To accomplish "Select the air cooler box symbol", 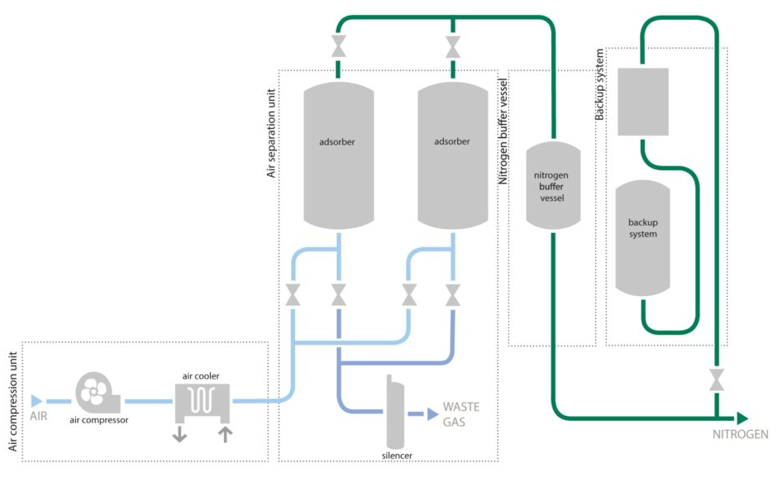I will [203, 403].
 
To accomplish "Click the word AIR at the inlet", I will [39, 418].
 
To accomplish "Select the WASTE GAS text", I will [461, 414].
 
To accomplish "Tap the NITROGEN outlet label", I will [741, 435].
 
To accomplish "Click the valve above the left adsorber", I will [338, 47].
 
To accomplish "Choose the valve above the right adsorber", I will [452, 47].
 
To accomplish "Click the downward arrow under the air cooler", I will [179, 434].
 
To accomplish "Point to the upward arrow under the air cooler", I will [225, 434].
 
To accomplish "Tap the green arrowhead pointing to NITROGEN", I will [742, 418].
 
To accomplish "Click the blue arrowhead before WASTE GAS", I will [432, 414].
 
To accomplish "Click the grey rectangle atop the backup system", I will [643, 102].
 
